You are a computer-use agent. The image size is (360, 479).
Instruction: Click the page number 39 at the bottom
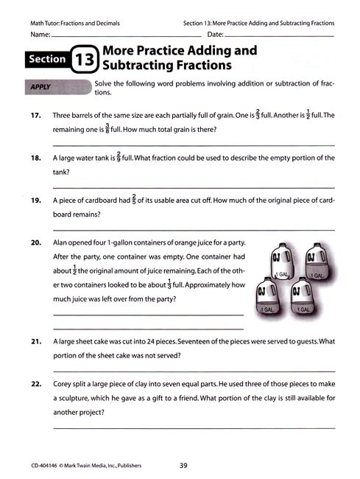(185, 465)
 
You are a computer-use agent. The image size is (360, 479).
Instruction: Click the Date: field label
(216, 35)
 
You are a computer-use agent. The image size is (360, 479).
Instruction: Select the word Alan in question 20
(62, 242)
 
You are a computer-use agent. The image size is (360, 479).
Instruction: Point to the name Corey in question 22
(64, 384)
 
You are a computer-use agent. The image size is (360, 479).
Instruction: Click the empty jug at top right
(314, 263)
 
